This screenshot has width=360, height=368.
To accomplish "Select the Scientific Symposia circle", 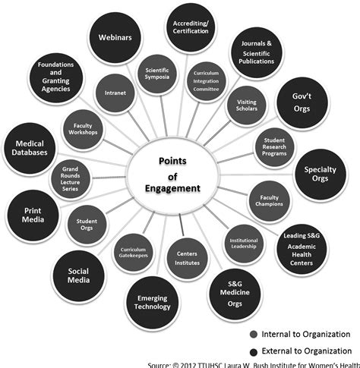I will point(157,76).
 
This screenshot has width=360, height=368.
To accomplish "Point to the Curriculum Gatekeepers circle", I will point(134,253).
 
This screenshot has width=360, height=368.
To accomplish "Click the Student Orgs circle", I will point(90,224).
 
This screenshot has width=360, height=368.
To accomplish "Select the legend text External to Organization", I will point(307,351).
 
